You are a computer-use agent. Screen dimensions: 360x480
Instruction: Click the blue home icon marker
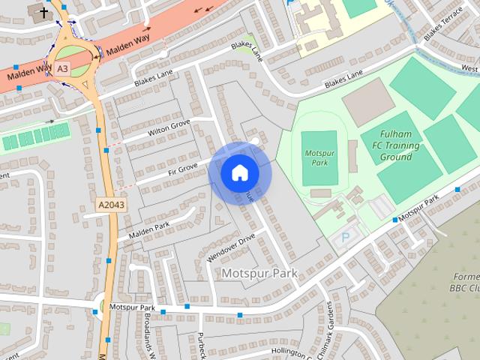tap(239, 172)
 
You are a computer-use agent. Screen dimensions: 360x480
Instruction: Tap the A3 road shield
tap(63, 67)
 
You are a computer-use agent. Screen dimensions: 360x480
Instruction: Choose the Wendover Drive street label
tap(230, 247)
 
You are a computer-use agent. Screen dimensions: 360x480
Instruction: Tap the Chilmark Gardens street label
tap(328, 321)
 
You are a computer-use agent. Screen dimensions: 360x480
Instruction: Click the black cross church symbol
tap(43, 12)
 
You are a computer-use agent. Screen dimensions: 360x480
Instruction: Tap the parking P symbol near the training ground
tap(345, 238)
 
